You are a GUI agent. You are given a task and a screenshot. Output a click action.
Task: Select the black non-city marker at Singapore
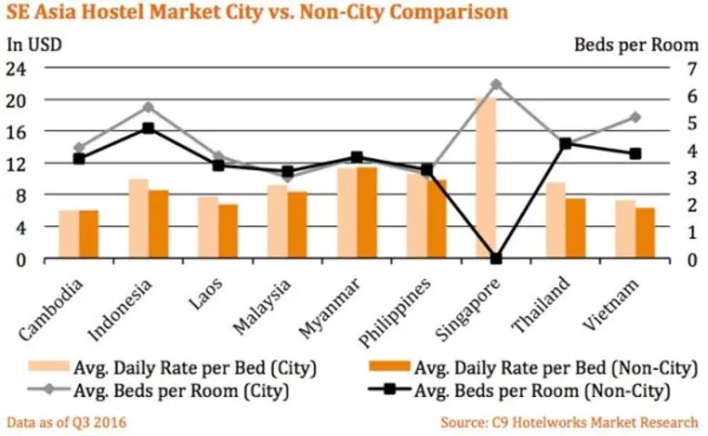point(496,258)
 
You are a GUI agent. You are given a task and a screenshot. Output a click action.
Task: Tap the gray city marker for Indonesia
point(149,107)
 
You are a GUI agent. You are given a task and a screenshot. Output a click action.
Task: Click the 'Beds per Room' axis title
point(635,44)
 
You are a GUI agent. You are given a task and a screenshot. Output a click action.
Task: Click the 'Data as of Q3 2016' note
point(66,422)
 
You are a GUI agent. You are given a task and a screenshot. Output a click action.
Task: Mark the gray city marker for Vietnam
point(634,117)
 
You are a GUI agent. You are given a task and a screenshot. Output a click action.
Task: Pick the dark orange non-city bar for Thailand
point(575,228)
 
